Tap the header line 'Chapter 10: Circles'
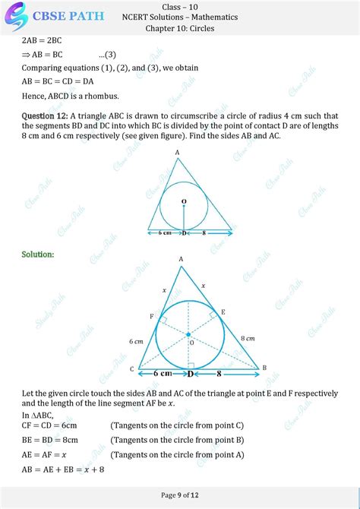pos(179,29)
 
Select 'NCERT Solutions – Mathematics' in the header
pos(179,17)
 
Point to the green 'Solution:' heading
pos(37,254)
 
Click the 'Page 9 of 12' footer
pos(179,495)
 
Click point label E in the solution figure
pos(223,312)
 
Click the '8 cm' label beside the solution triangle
pos(248,337)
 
